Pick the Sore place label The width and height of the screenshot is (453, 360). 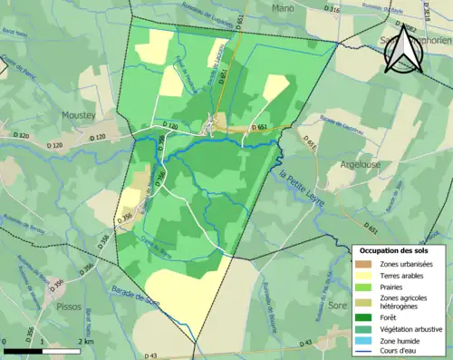[338, 306]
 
